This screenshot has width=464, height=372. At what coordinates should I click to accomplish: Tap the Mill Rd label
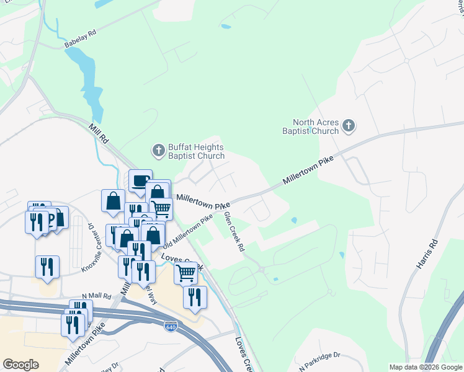click(99, 133)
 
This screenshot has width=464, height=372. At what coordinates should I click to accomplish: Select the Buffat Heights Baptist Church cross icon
click(159, 151)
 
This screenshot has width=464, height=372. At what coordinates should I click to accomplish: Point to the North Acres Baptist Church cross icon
click(349, 126)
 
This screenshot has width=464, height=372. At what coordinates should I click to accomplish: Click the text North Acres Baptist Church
click(316, 126)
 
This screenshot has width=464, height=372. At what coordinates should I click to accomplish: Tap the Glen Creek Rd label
click(234, 231)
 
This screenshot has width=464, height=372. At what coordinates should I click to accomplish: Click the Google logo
click(20, 365)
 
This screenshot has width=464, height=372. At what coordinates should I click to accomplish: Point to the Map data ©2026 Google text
click(425, 367)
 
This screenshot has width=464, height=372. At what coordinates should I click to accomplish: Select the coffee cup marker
click(140, 180)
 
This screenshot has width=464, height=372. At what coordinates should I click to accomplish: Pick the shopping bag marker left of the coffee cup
click(113, 200)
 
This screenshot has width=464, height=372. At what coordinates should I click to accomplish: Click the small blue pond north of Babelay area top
click(226, 27)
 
